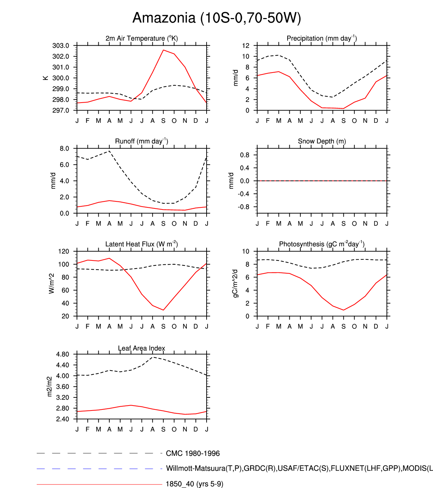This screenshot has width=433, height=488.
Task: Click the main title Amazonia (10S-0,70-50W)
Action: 216,18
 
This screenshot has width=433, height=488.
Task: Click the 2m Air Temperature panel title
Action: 142,38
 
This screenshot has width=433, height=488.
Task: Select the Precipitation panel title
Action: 322,38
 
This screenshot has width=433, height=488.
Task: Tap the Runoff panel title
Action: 142,141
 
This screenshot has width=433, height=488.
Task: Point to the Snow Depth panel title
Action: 322,141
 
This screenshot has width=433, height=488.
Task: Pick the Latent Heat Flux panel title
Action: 142,244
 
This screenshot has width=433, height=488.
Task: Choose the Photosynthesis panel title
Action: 322,244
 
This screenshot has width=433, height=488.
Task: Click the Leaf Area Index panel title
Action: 142,348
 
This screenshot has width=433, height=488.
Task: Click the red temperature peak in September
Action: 163,50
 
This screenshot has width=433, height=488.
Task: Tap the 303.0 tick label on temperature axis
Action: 60,46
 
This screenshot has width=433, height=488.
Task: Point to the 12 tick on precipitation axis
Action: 246,46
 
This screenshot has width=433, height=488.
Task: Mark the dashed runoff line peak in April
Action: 109,151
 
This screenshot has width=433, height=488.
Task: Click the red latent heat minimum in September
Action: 163,310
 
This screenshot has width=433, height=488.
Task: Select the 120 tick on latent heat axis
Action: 64,251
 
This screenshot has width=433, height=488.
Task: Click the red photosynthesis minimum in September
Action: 343,310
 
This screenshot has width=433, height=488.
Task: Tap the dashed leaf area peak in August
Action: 153,357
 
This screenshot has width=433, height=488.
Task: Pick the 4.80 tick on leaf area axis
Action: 62,354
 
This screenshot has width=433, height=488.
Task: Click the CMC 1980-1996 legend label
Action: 193,453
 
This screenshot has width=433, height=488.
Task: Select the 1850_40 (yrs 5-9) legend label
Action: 195,484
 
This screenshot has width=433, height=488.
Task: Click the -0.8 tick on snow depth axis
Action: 244,207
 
